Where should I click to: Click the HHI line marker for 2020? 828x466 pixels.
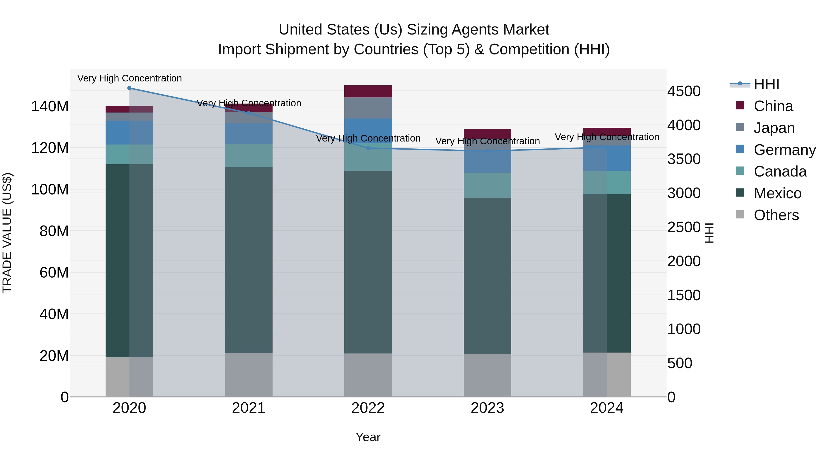(x=129, y=88)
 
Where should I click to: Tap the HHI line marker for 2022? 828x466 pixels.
(x=368, y=148)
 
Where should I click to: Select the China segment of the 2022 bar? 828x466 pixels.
(x=368, y=91)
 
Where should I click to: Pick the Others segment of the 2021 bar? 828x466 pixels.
(x=248, y=375)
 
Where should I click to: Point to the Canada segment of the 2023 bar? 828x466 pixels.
(x=487, y=185)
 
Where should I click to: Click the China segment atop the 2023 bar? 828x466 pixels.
(x=487, y=134)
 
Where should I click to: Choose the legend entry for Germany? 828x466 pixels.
(x=784, y=150)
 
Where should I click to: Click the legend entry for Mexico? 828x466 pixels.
(x=777, y=194)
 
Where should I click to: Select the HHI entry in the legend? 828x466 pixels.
(x=766, y=84)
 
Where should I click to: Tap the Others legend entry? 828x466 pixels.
(x=776, y=215)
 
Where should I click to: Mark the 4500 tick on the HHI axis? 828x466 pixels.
(x=684, y=91)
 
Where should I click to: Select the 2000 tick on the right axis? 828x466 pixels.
(x=684, y=261)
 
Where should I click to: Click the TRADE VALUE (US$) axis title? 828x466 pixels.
(x=7, y=233)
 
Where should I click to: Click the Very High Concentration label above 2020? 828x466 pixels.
(x=129, y=78)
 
